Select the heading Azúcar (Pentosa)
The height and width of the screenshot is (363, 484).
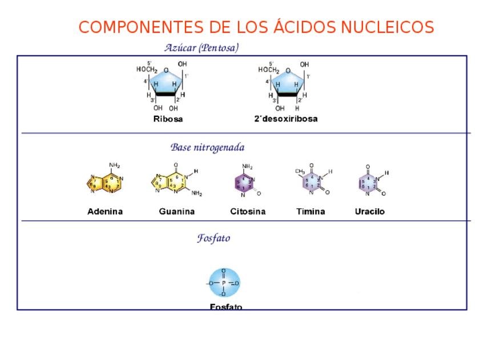coord(201,48)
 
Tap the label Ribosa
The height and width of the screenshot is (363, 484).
coord(168,119)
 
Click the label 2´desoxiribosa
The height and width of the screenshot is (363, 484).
coord(285,119)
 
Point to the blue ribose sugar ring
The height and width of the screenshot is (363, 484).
coord(166,83)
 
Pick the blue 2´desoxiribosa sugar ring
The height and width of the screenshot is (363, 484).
coord(288,83)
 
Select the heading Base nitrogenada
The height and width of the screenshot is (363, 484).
coord(207,148)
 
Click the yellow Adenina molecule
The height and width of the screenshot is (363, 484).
coord(105,183)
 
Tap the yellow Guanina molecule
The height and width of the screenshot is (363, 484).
coord(171,183)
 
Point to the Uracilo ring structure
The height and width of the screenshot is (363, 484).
coord(368,183)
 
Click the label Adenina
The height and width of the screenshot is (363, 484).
coord(105,212)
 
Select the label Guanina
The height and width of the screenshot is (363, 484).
coord(177,212)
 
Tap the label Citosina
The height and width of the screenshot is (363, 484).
coord(248,212)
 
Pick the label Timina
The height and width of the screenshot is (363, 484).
coord(310,212)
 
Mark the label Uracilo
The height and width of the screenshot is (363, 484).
coord(370,212)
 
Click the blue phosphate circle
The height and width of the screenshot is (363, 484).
coord(224,283)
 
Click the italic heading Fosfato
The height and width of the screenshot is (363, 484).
coord(213,239)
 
